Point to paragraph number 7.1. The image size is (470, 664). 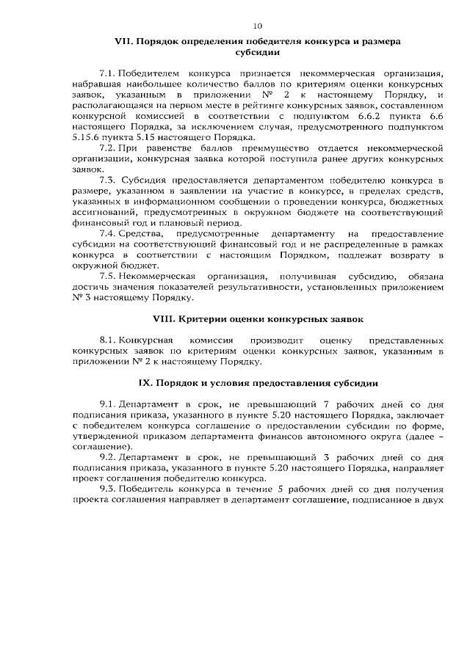[x=107, y=75]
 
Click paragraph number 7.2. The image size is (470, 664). [x=107, y=147]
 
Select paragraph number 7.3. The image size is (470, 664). [x=107, y=180]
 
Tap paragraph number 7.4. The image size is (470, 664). [x=107, y=233]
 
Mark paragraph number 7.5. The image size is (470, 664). [x=107, y=275]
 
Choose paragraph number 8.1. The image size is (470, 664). [x=107, y=341]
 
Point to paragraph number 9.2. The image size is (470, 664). [x=107, y=457]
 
